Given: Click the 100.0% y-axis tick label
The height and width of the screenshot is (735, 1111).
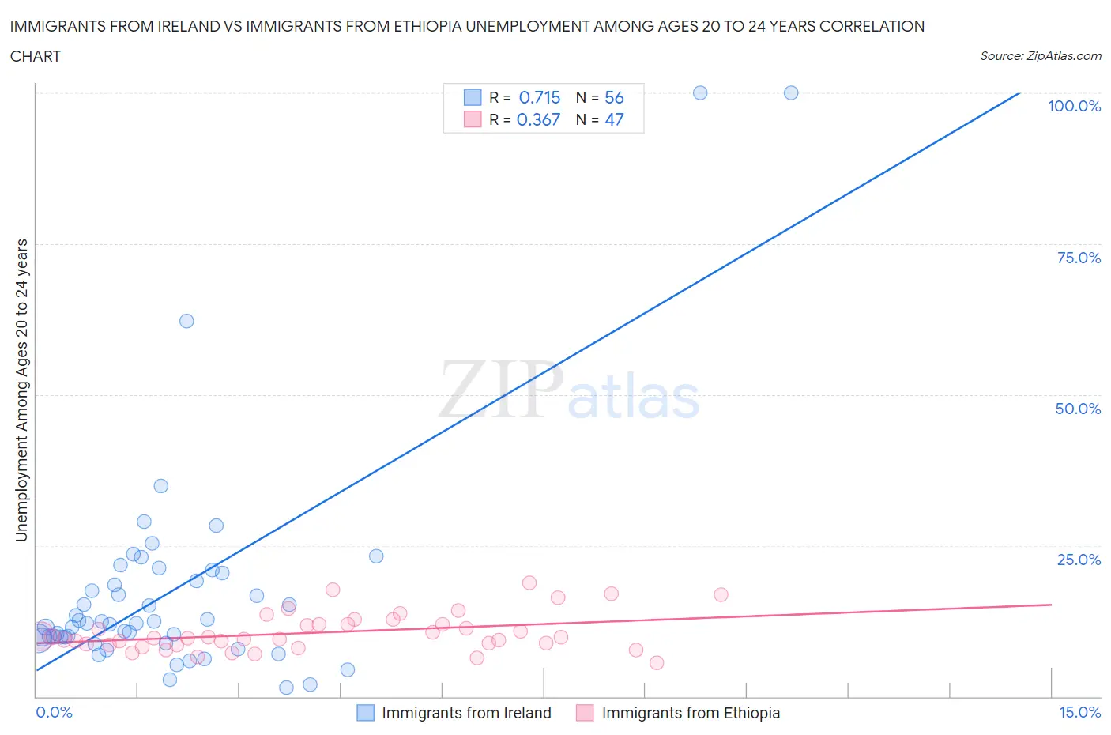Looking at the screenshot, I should (x=1074, y=106).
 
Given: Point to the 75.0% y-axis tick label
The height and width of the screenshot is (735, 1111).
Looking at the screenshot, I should (x=1078, y=258).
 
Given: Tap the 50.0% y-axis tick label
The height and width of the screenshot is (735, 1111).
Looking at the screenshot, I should (x=1078, y=409).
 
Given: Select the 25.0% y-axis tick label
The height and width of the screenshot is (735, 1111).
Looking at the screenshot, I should (x=1078, y=560).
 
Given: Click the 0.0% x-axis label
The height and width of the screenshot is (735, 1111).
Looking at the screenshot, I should (x=54, y=712).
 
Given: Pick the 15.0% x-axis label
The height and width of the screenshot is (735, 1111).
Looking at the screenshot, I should (x=1079, y=712).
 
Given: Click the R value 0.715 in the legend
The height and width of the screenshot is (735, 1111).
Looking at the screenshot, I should (x=539, y=97).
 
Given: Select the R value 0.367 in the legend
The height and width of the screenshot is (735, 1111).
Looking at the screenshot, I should (x=538, y=119).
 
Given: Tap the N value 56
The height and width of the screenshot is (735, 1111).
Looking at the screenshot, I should (x=614, y=97).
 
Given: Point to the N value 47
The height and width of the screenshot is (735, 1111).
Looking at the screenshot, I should (x=614, y=119).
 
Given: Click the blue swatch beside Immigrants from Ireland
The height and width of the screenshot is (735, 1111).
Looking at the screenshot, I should (x=365, y=713).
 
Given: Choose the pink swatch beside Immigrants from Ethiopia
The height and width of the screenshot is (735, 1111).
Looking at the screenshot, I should (x=585, y=713).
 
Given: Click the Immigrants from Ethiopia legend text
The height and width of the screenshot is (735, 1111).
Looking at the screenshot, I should (x=691, y=713).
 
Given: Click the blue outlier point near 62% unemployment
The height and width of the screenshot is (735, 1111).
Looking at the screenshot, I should (x=186, y=321).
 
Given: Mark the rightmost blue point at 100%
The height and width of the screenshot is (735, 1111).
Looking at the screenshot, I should (x=791, y=92).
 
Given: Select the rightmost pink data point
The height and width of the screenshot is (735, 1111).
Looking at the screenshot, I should (x=721, y=594).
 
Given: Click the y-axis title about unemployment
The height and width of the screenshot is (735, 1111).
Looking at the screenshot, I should (x=21, y=390).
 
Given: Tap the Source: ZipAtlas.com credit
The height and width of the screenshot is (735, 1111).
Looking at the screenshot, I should (x=1040, y=56).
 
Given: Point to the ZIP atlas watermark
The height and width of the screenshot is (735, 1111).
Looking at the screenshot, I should (x=569, y=390).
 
